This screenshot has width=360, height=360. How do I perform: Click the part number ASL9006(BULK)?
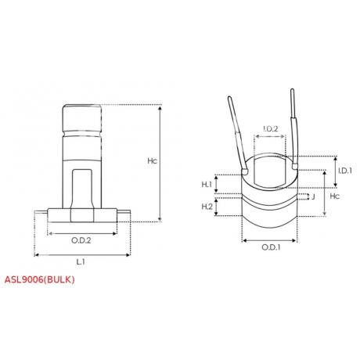point(41,279)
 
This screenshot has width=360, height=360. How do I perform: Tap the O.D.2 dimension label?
point(82,240)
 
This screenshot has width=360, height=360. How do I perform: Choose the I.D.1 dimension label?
point(344,171)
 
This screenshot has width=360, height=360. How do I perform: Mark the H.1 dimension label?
point(207,184)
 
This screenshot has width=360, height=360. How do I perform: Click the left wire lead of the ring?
point(237,129)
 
